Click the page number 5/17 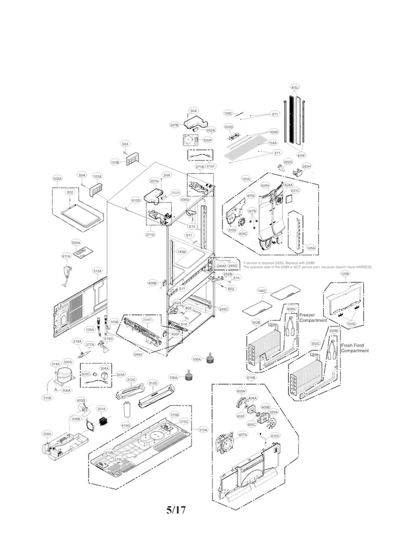[176, 509]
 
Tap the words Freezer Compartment [313, 317]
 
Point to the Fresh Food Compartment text [355, 348]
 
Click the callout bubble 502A [57, 179]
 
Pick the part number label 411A [66, 256]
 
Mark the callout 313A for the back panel [97, 271]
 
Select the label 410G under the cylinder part [126, 425]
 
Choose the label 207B [174, 125]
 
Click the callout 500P [207, 140]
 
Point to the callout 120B [345, 273]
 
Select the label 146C [262, 290]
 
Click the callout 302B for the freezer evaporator [256, 322]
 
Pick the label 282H [307, 166]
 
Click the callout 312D [153, 383]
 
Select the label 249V [138, 354]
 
